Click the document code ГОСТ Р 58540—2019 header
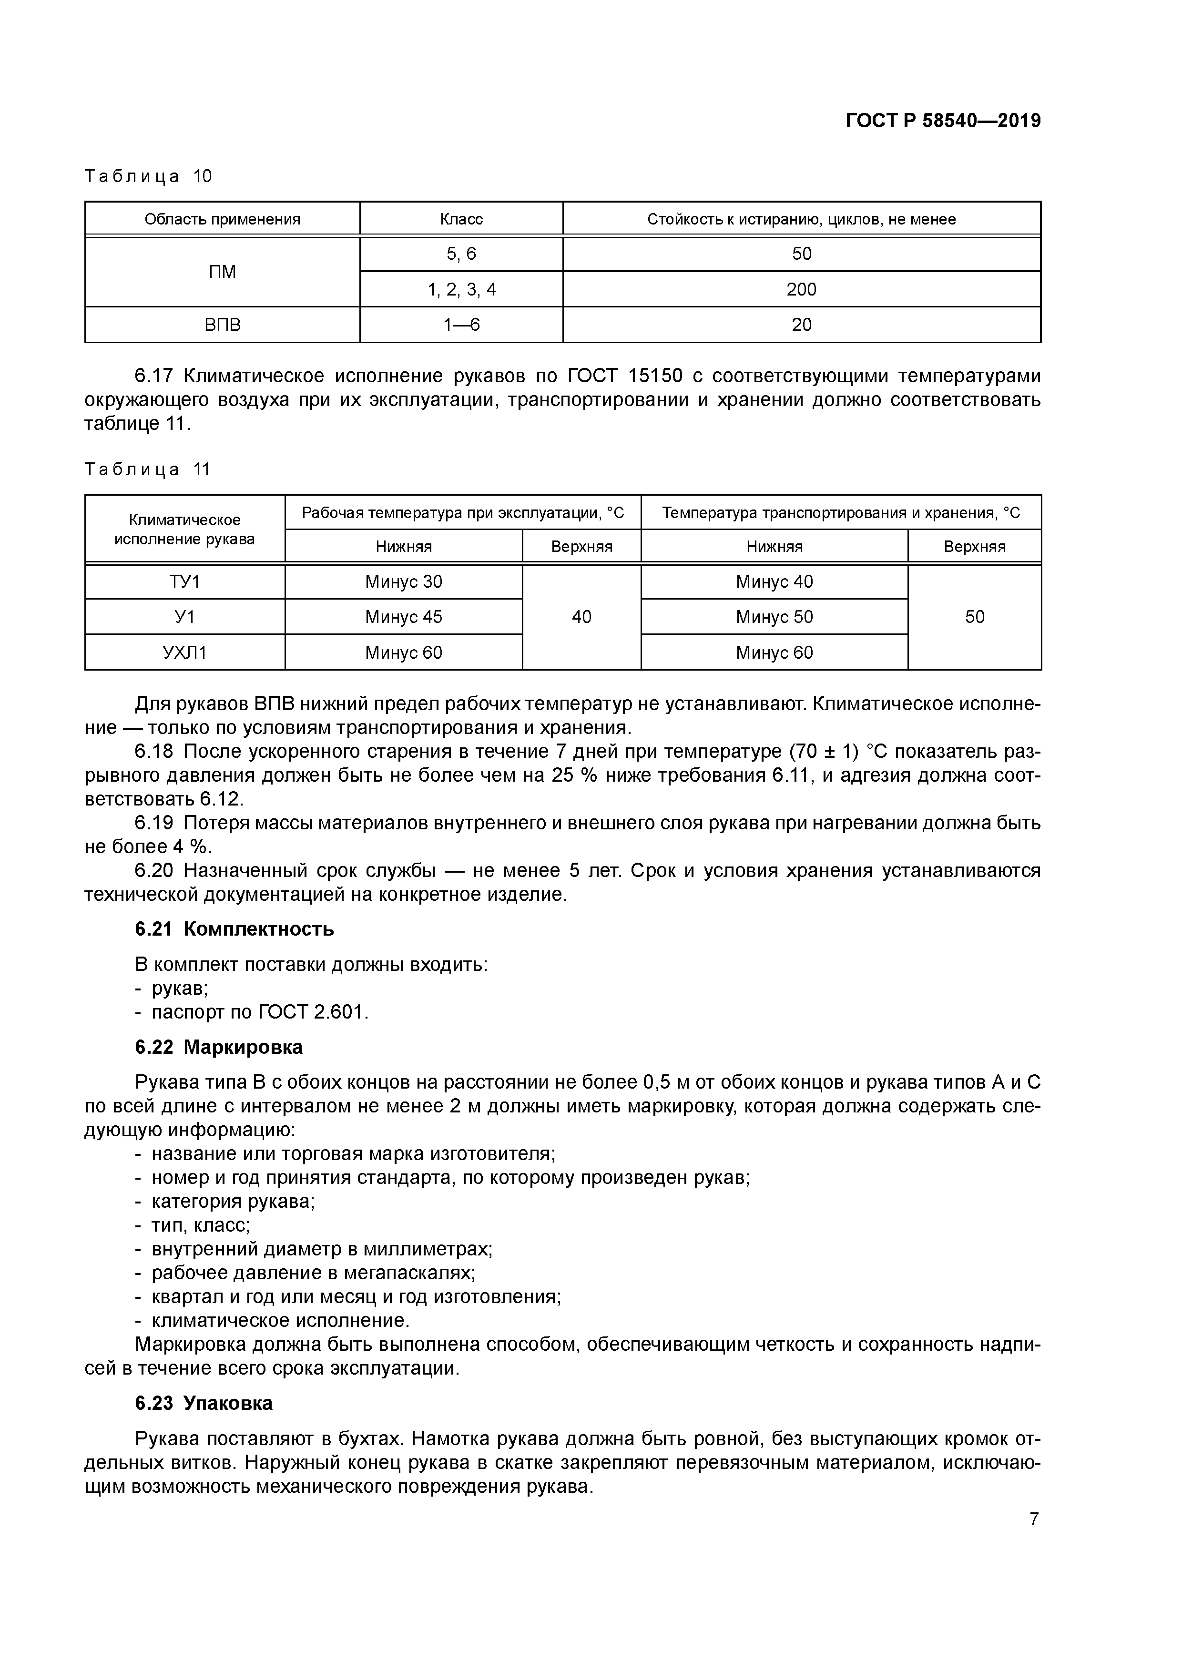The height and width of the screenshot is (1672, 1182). (943, 121)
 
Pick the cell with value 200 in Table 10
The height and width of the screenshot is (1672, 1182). (801, 290)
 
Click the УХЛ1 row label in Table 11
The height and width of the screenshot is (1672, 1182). (184, 652)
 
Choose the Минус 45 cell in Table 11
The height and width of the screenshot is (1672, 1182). (404, 617)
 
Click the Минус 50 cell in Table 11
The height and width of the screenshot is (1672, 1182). (774, 617)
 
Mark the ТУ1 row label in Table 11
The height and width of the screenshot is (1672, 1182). (184, 582)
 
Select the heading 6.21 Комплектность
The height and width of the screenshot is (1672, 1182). (234, 929)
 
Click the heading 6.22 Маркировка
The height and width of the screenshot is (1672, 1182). (218, 1047)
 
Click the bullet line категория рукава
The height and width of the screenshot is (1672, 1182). (232, 1201)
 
